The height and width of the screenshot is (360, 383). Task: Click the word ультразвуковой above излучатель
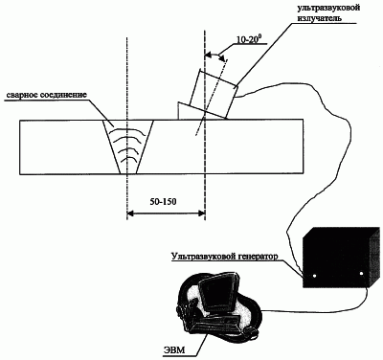point(328,8)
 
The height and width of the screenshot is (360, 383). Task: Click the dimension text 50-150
point(163,202)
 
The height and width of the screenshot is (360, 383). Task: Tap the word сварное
point(22,95)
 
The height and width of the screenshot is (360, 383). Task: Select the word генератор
point(257,257)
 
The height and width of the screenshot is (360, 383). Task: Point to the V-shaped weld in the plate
point(128,146)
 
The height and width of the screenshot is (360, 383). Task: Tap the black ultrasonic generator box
point(341,258)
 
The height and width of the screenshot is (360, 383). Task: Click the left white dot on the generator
point(314,275)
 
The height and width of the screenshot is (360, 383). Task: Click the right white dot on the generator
point(361,274)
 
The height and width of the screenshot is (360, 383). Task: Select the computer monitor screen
point(217,293)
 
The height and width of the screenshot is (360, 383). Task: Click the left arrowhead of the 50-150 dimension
point(130,214)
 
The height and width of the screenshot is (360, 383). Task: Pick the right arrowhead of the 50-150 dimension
point(201,214)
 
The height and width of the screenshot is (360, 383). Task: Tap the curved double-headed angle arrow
point(215,56)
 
